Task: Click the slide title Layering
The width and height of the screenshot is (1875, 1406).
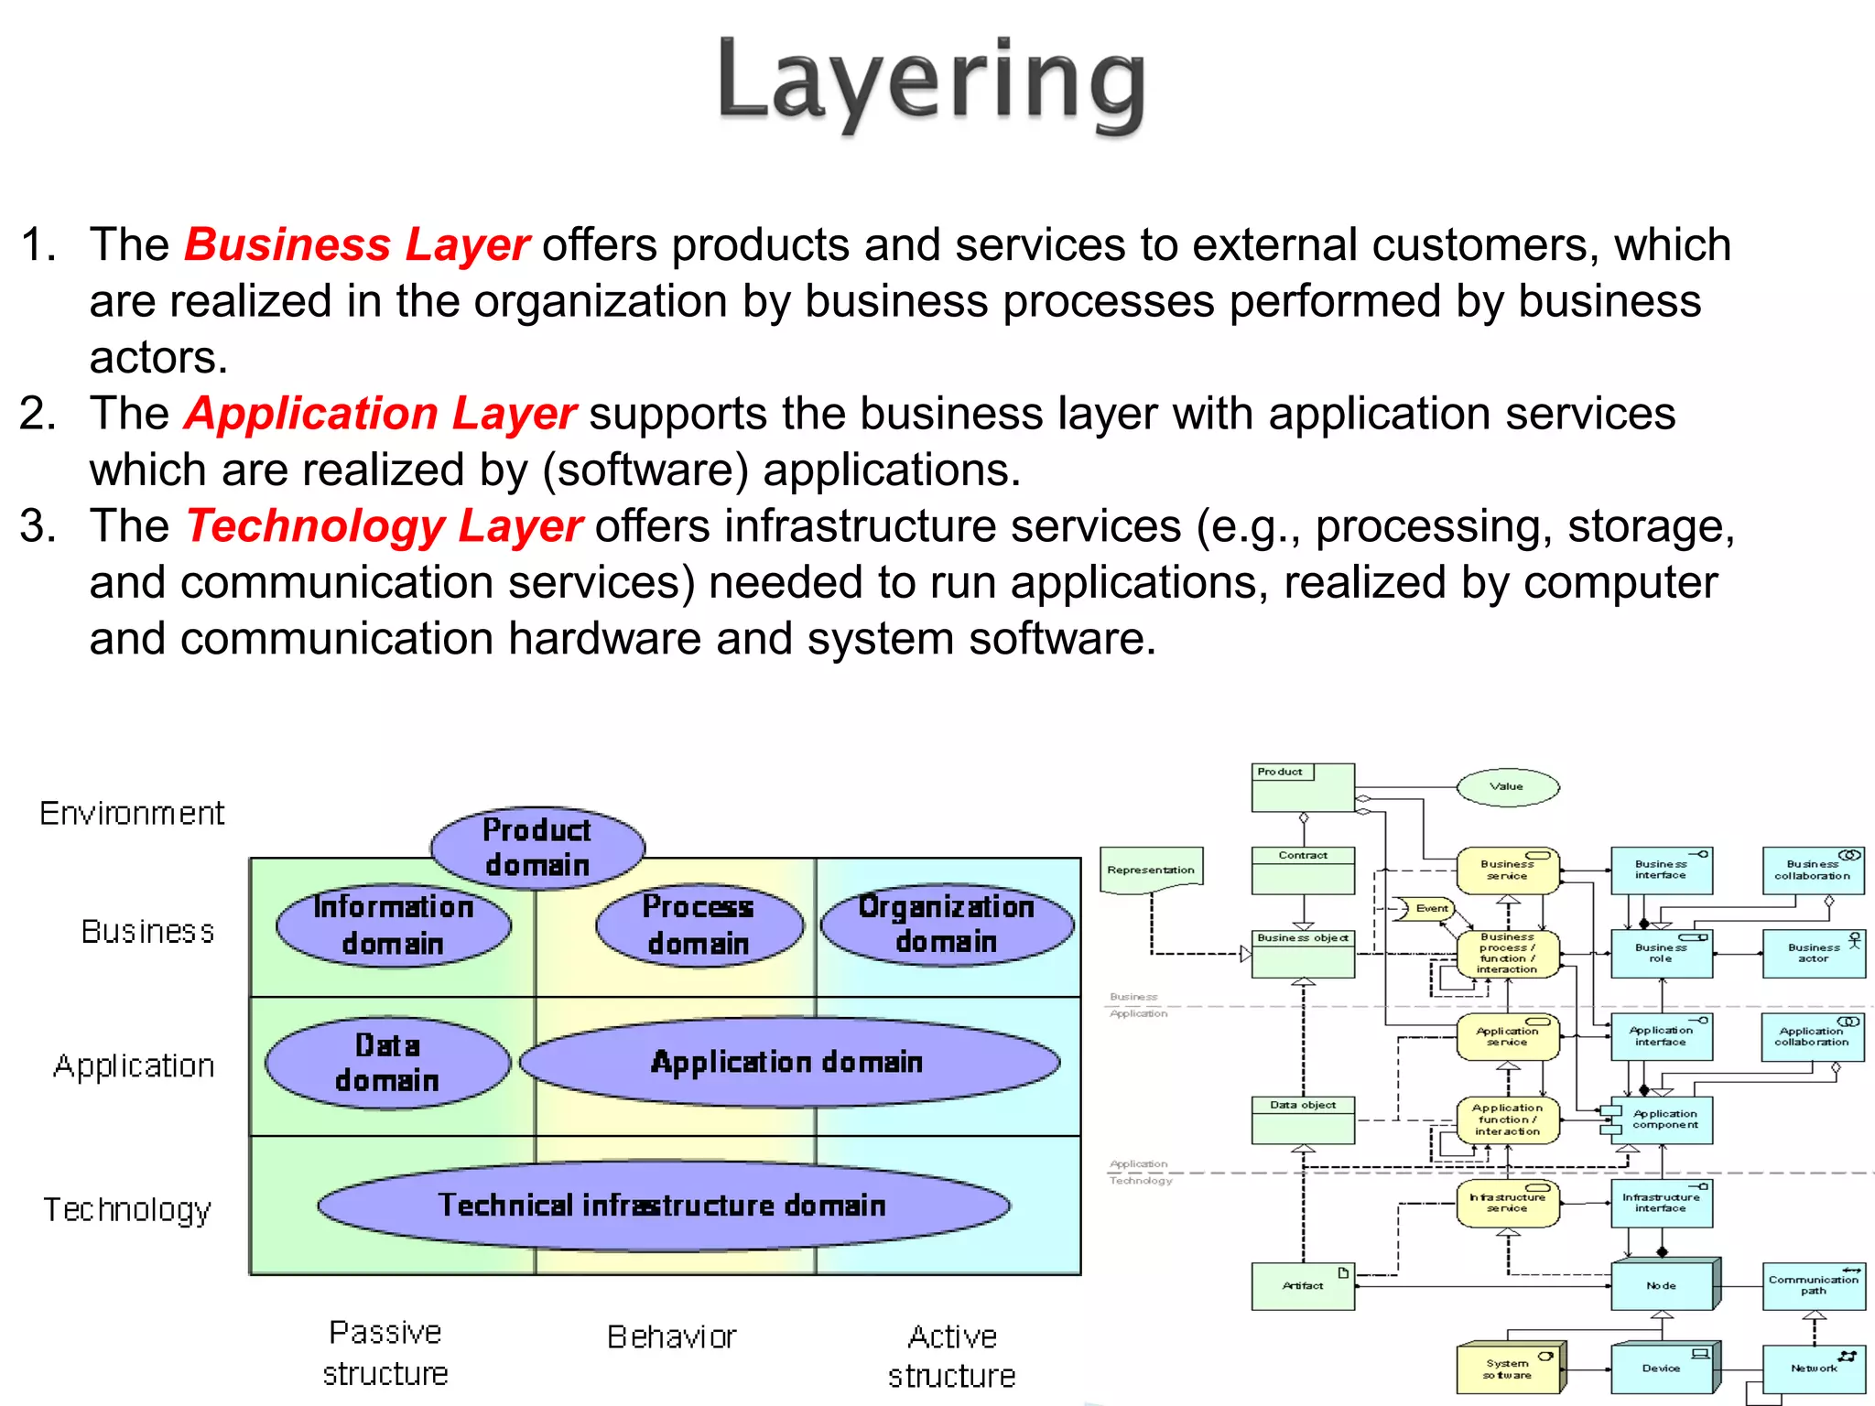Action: pos(931,82)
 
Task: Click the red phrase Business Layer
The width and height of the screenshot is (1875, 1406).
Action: pos(356,245)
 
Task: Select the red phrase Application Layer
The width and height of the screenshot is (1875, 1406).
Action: pos(380,414)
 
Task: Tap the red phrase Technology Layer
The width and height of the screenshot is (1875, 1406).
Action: pos(384,526)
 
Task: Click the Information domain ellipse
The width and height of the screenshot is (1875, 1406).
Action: pos(394,925)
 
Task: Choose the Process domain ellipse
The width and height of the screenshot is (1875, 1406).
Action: pos(699,925)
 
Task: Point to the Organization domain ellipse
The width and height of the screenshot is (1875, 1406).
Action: pos(947,924)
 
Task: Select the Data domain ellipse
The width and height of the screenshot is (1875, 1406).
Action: pos(387,1063)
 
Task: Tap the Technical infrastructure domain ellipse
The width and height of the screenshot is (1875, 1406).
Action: pos(663,1205)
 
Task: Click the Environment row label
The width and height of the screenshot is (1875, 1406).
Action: pos(132,813)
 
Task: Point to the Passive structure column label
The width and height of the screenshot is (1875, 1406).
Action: pos(385,1353)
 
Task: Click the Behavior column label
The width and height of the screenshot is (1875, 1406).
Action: pos(672,1337)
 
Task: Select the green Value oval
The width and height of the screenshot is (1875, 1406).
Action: pos(1507,786)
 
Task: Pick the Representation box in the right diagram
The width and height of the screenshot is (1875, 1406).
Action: pos(1151,871)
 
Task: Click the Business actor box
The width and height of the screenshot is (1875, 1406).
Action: pos(1813,954)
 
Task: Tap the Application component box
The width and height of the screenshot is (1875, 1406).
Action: pos(1662,1119)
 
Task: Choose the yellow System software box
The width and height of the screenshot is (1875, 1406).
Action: pos(1508,1368)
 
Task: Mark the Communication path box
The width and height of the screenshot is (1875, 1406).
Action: pos(1813,1285)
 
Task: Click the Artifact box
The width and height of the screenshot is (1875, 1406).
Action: pos(1303,1286)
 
